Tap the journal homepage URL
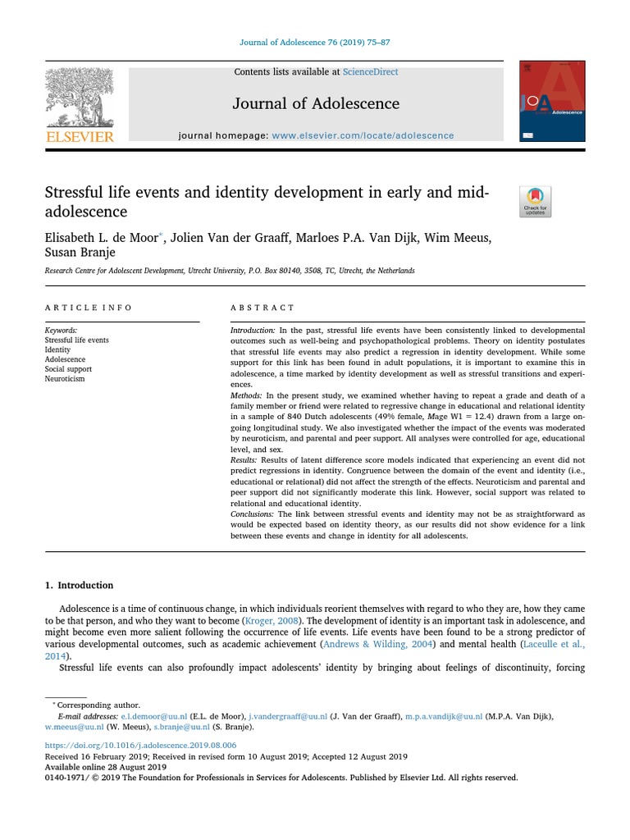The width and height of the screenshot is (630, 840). point(363,135)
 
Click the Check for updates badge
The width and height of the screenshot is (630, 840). point(535,202)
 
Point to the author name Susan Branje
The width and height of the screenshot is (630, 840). point(80,253)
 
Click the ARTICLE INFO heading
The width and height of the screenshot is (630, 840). point(88,308)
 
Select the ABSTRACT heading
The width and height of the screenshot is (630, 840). point(262,308)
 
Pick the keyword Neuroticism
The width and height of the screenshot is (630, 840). point(65,379)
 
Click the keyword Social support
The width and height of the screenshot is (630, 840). point(68,369)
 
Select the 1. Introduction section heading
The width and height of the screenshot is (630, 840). point(79,585)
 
